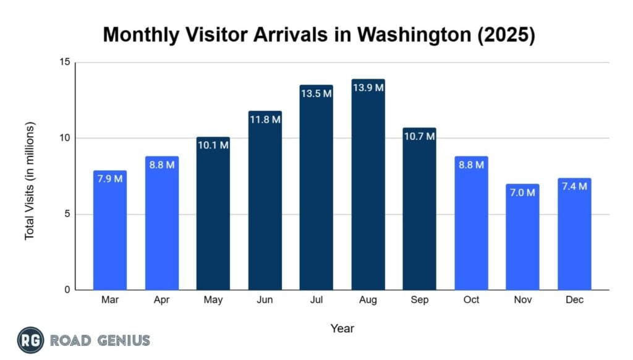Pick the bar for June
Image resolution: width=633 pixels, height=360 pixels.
(x=265, y=200)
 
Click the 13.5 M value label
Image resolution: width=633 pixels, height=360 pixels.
(x=316, y=93)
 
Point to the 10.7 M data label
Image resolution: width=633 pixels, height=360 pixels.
(x=419, y=136)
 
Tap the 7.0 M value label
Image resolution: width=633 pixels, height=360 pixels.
(x=522, y=192)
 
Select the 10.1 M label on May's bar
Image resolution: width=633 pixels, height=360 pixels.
(x=213, y=145)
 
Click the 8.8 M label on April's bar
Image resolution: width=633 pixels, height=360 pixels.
(x=162, y=165)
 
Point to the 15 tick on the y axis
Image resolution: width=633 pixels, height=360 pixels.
(x=64, y=62)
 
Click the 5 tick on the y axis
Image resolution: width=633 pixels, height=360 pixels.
(x=66, y=214)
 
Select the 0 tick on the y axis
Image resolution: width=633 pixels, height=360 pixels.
(x=66, y=290)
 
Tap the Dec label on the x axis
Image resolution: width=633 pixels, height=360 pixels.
(x=574, y=300)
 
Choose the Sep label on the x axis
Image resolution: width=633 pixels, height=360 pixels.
(x=419, y=300)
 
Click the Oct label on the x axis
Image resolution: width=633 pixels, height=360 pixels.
(x=471, y=300)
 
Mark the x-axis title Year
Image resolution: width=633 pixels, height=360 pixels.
(x=342, y=328)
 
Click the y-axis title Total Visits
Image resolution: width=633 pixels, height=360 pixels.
(x=30, y=181)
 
